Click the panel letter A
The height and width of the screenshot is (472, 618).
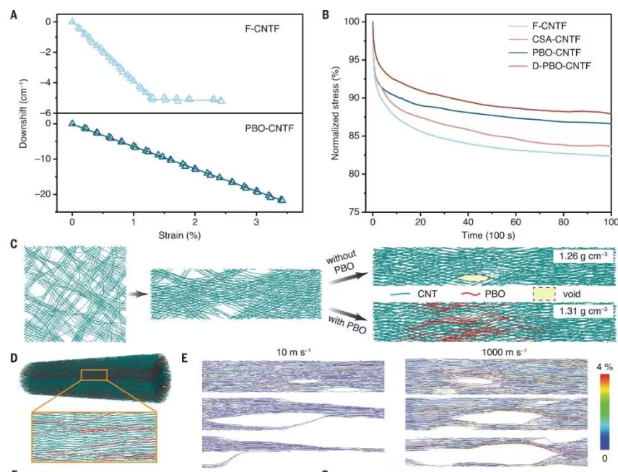pyautogui.click(x=12, y=14)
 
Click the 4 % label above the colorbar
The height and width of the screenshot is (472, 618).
pyautogui.click(x=602, y=367)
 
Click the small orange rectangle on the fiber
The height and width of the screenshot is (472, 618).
pyautogui.click(x=95, y=374)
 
